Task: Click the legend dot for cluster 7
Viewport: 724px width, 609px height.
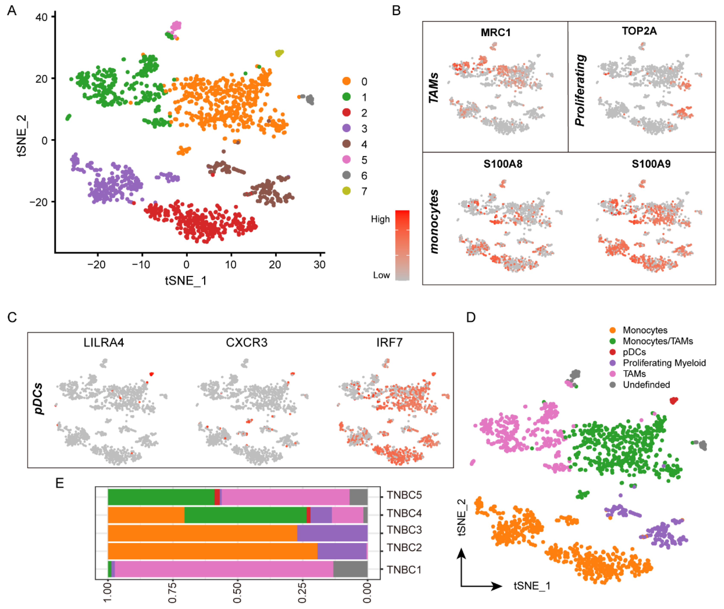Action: point(346,191)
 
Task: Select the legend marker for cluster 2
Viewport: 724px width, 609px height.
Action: point(346,112)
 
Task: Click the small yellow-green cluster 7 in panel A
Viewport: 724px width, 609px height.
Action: point(279,53)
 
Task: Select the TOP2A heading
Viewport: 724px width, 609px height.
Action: point(639,31)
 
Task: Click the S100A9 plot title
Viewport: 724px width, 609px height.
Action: point(651,164)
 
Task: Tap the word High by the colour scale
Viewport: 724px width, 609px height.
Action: point(380,219)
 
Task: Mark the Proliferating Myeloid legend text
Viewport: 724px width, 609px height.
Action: point(664,363)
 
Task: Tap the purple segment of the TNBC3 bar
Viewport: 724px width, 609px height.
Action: point(332,533)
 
